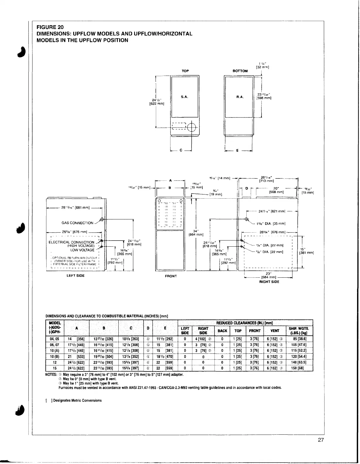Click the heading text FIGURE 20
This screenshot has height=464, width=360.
click(x=48, y=27)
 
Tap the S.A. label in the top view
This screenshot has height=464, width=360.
click(x=184, y=97)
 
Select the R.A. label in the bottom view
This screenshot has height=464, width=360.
click(x=240, y=97)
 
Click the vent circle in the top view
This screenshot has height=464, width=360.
click(x=191, y=127)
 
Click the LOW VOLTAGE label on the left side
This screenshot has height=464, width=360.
click(x=82, y=250)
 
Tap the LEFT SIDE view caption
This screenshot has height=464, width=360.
click(x=76, y=276)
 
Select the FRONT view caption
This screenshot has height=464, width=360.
click(x=171, y=276)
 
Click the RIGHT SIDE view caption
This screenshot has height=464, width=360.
click(x=269, y=282)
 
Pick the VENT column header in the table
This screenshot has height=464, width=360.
click(x=275, y=331)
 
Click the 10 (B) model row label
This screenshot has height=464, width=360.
click(x=54, y=357)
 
